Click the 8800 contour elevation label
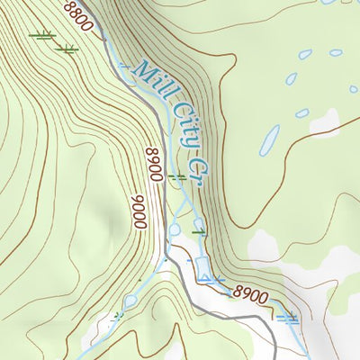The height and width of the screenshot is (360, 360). pos(78,16)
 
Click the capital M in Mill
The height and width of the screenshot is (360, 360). pos(140,72)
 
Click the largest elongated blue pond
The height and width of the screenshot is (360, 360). pos(269,139)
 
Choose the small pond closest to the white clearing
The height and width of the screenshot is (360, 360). pos(302,113)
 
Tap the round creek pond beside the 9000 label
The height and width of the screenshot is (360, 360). pos(175,230)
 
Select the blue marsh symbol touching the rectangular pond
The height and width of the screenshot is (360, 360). pos(213,280)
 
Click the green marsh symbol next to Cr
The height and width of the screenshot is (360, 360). pos(178,178)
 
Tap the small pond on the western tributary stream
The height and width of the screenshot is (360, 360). pos(130,301)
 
